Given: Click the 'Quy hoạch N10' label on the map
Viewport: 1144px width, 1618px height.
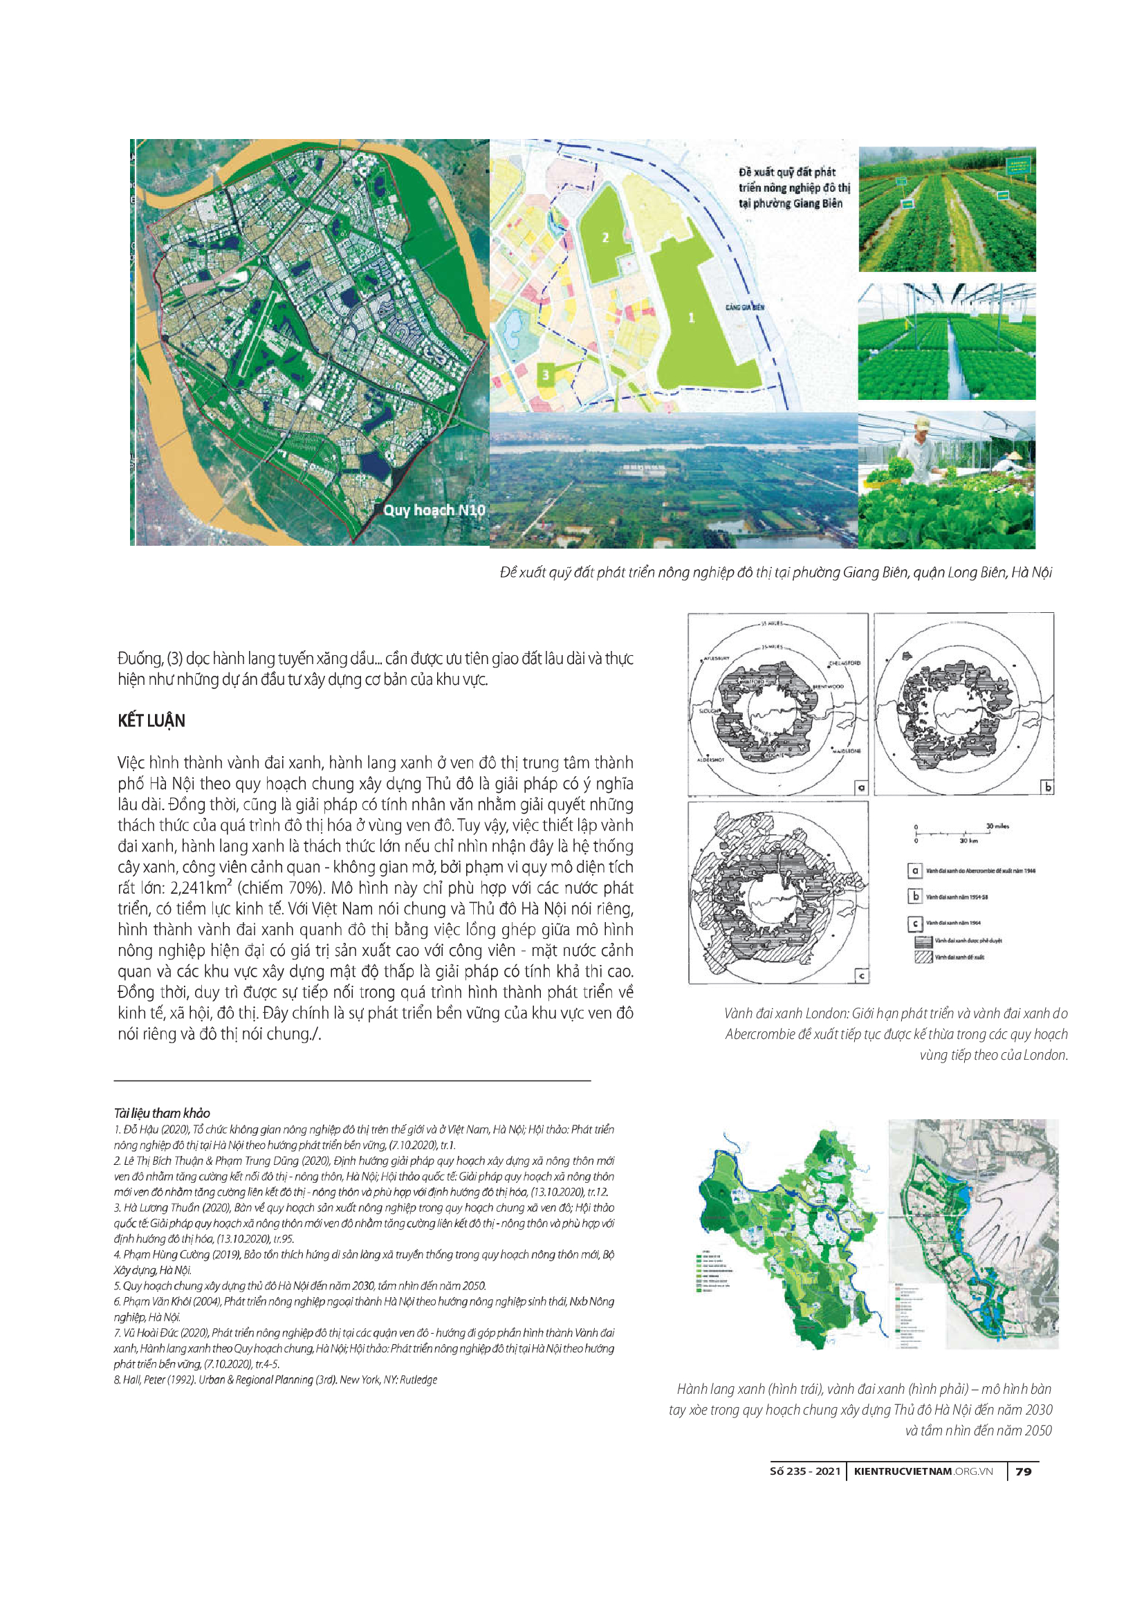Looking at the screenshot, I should pos(434,510).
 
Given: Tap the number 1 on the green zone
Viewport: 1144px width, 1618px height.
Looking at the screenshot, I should pos(691,318).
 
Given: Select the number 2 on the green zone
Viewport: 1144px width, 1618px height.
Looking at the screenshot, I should pos(605,237).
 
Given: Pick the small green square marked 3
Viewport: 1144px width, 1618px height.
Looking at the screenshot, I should pos(546,374).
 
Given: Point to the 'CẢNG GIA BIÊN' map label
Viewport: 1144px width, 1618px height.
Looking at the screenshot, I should pos(745,308).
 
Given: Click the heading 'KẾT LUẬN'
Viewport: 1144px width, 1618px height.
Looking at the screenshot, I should pos(151,721).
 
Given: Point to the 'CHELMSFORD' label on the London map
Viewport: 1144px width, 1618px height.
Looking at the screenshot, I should pos(844,663).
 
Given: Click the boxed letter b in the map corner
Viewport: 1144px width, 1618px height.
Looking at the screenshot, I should pos(1048,787).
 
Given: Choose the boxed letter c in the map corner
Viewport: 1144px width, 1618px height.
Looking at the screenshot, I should pos(862,976).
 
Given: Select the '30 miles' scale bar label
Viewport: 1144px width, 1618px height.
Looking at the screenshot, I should pos(997,826).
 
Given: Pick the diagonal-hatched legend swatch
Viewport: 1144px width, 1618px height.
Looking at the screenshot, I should pos(923,957).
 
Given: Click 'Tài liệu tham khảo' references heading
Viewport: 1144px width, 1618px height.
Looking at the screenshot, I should pos(162,1113).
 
